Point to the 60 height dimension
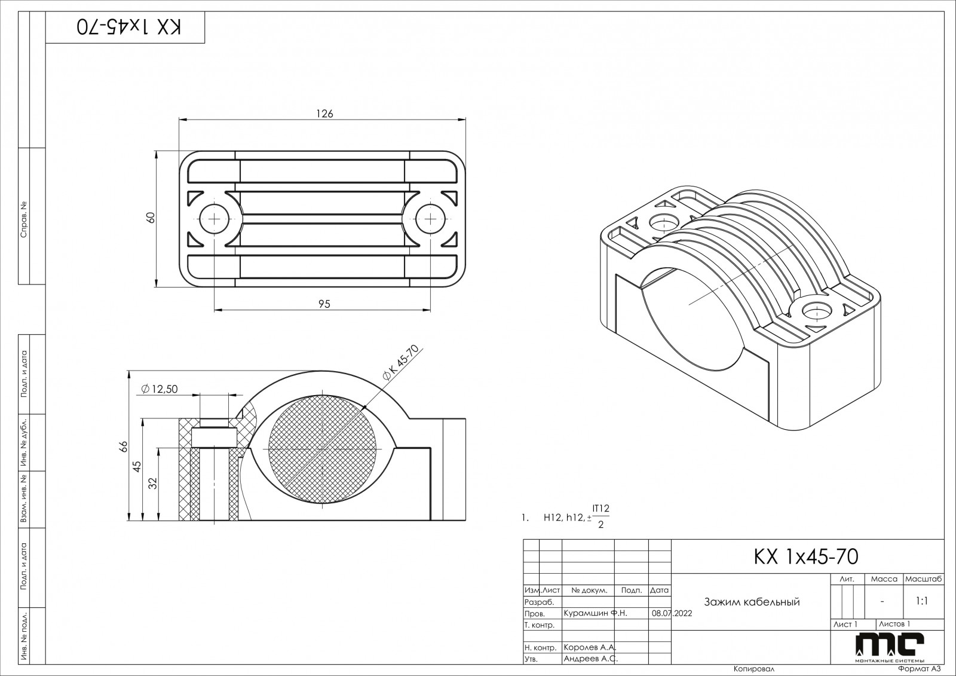pos(151,218)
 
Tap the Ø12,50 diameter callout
pos(160,389)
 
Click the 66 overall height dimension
pos(124,446)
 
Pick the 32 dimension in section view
pos(153,484)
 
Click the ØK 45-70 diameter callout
pos(402,363)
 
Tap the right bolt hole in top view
pos(430,219)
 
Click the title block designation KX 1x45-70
pos(807,556)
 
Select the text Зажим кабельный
pos(752,602)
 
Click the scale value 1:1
pos(921,602)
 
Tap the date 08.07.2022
pos(672,613)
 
